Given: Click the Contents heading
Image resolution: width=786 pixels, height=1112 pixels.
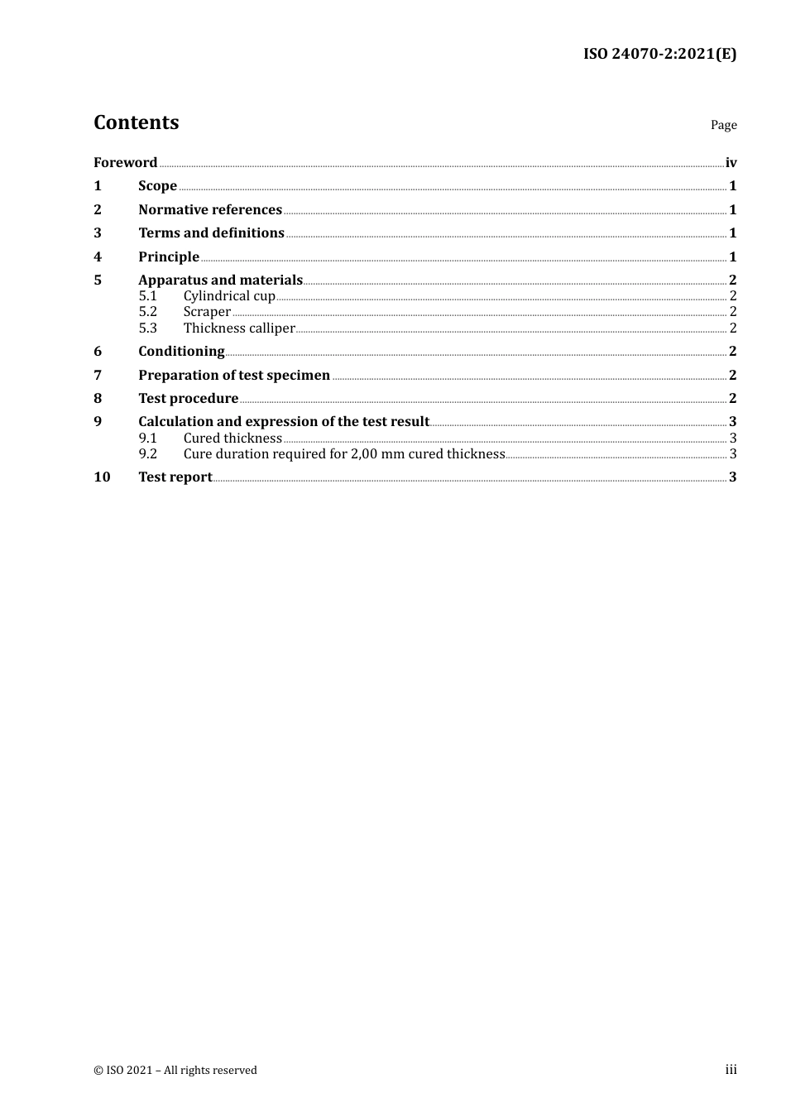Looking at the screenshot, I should [136, 122].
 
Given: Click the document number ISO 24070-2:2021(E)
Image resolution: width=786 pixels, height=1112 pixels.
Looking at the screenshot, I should [659, 54].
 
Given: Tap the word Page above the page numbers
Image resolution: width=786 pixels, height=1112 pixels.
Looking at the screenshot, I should [723, 125].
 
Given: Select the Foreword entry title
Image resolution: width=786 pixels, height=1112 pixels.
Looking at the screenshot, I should [125, 162].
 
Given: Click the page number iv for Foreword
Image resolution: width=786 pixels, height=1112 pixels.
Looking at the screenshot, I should [731, 162].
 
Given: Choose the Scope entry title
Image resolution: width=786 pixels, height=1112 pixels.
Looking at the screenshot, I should [157, 185].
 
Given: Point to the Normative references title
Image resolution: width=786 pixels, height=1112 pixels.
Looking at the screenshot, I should [210, 209].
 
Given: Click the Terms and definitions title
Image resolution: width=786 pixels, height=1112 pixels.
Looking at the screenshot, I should [211, 232].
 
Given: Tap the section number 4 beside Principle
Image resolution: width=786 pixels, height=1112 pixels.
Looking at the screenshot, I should [98, 256].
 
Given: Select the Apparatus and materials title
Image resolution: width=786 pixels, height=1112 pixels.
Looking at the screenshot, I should [220, 280].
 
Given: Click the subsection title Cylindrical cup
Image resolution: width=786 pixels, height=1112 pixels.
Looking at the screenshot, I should [229, 295].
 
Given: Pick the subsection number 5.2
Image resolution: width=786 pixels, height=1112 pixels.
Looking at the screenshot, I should [147, 311].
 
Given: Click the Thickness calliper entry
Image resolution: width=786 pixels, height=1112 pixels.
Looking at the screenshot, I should [239, 328].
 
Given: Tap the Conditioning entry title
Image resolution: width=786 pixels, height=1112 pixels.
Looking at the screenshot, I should [181, 351].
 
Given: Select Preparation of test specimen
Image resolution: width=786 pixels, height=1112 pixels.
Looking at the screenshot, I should [234, 375].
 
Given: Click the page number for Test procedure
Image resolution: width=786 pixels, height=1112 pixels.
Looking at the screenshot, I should [732, 398].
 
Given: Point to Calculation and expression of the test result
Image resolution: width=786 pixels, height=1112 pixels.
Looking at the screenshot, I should [284, 421].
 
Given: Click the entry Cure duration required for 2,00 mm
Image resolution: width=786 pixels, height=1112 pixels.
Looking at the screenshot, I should [343, 453].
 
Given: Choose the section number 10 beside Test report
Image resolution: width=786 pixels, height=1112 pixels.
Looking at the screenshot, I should [102, 477].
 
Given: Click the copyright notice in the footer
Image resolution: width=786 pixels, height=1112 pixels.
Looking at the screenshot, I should [175, 1070].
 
